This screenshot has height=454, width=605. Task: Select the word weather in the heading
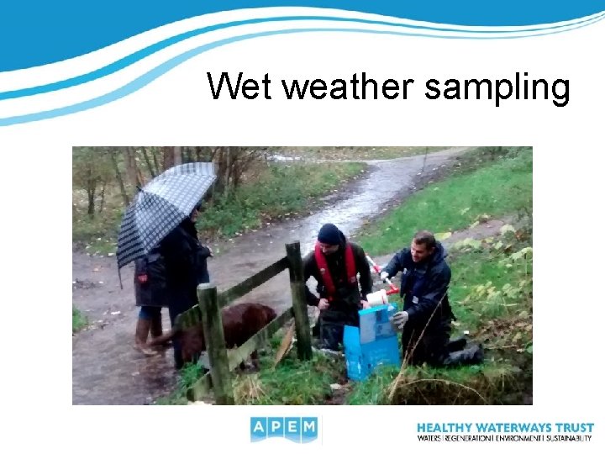click(345, 87)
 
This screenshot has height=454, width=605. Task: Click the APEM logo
click(284, 429)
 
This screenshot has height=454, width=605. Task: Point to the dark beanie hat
click(329, 233)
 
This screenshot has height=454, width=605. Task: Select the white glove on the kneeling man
click(400, 319)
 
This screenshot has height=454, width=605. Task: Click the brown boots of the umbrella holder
click(144, 336)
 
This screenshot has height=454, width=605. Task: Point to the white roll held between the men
click(377, 297)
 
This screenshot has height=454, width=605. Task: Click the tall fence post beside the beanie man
click(297, 298)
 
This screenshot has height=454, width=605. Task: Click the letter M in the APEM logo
click(308, 428)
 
